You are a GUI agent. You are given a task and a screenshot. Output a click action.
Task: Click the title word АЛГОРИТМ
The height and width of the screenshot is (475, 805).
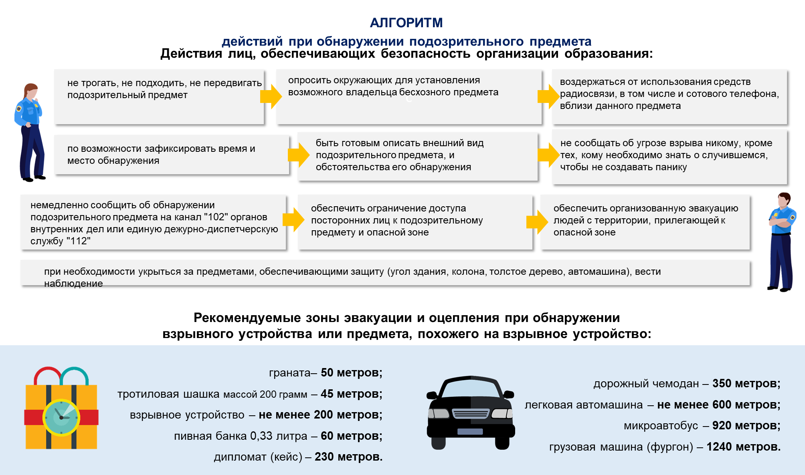click(x=406, y=23)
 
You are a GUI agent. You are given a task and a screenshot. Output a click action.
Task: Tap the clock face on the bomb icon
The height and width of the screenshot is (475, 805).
click(x=61, y=417)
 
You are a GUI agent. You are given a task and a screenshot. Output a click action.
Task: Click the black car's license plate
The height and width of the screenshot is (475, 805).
click(x=470, y=431)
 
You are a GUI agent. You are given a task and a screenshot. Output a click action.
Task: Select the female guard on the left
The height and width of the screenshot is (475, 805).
click(x=29, y=132)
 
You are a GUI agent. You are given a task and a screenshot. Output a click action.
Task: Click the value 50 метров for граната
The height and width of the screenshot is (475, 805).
click(x=351, y=373)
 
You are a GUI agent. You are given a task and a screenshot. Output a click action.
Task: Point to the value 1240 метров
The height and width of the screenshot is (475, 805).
click(x=743, y=447)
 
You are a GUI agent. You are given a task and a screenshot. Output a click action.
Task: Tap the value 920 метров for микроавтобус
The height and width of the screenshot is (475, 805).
click(x=746, y=426)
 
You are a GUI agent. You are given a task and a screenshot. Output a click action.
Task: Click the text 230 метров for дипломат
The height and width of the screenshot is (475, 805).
click(x=348, y=457)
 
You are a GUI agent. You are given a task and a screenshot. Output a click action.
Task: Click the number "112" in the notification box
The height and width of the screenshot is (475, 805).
click(x=78, y=241)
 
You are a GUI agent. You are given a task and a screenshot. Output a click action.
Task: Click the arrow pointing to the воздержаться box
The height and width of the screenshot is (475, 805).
click(x=548, y=97)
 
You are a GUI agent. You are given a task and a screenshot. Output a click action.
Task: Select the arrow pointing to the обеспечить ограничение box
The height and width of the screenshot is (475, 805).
click(x=293, y=219)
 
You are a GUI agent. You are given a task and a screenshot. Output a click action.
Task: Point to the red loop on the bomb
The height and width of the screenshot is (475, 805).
click(x=47, y=374)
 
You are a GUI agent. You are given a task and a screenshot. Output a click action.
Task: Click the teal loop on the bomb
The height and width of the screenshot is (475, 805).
click(x=75, y=374)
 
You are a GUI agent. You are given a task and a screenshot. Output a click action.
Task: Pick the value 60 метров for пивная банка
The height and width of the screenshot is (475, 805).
click(x=351, y=436)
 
